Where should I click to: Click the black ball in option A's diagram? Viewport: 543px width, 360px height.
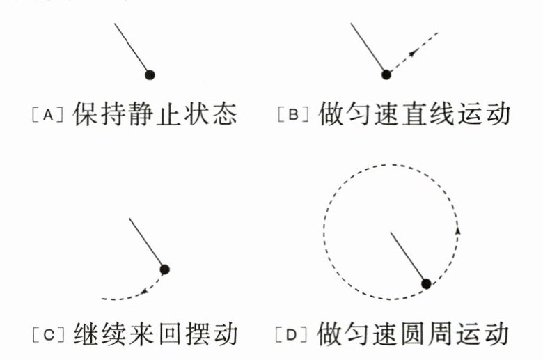pyautogui.click(x=149, y=74)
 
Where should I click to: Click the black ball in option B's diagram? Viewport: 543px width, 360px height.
pyautogui.click(x=386, y=74)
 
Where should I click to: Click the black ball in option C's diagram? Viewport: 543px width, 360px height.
pyautogui.click(x=164, y=269)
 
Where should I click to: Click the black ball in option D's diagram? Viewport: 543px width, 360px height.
pyautogui.click(x=427, y=283)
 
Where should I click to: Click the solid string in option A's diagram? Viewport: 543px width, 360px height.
pyautogui.click(x=131, y=49)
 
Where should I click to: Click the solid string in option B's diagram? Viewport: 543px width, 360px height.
pyautogui.click(x=368, y=49)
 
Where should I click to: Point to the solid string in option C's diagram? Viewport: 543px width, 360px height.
pyautogui.click(x=148, y=244)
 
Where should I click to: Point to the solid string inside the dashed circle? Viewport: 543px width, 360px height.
pyautogui.click(x=409, y=258)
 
